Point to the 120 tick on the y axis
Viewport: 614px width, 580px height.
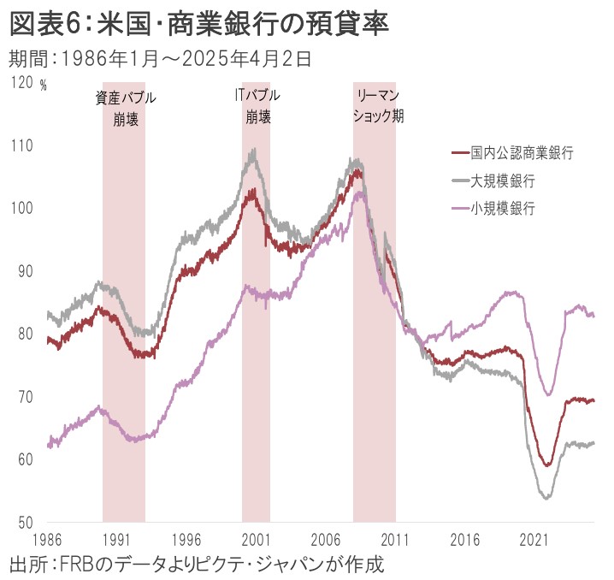coord(21,82)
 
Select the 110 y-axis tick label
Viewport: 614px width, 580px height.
coord(21,145)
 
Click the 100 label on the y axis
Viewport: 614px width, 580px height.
coord(21,208)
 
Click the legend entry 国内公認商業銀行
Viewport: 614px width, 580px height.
coord(521,153)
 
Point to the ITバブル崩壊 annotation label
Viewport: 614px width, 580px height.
coord(257,104)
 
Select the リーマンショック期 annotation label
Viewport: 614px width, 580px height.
coord(377,104)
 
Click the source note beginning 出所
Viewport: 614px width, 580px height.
coord(197,565)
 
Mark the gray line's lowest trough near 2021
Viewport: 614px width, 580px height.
coord(546,497)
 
